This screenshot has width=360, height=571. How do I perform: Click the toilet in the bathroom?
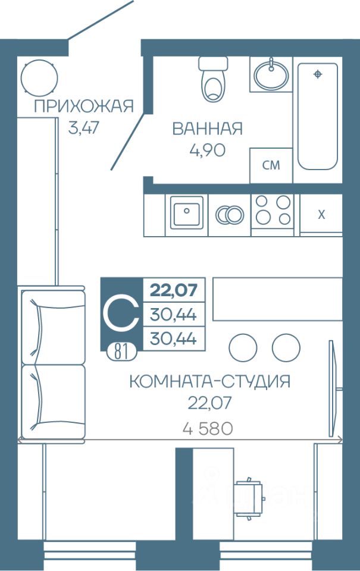coord(213,79)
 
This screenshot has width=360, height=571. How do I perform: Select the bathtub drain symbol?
coord(318,74)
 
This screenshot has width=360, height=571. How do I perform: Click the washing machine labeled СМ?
coord(271,165)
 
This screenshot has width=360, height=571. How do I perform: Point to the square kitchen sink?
coord(186,211)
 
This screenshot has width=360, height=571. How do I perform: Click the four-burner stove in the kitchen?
coord(273,210)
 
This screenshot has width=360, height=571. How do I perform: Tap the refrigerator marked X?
coord(321,215)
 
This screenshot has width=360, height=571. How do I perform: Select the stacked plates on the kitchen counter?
coord(229,215)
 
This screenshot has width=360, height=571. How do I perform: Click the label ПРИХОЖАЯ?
coord(84,106)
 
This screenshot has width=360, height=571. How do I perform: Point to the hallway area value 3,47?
coord(83,128)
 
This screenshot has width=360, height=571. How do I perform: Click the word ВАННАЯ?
coord(207,128)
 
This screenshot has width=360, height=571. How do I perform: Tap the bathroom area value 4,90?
coord(207,150)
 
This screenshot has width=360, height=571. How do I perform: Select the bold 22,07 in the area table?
coord(174,290)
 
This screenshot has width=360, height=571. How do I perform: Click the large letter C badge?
coord(121,313)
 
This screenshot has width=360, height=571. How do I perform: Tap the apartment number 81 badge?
coord(122,352)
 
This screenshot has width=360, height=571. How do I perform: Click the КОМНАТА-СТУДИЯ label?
coord(210,381)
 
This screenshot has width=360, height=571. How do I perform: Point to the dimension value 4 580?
coord(208,429)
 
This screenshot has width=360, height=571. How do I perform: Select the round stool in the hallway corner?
coord(39,77)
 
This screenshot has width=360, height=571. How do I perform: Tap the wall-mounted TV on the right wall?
coord(332,388)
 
